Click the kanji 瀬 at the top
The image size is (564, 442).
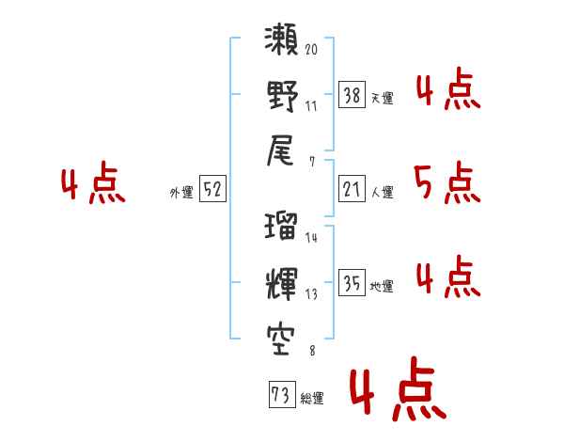point(282,44)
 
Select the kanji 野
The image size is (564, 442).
point(282,98)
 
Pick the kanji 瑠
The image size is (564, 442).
point(282,228)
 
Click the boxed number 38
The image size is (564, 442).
point(352,94)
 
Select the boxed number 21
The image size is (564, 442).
point(352,190)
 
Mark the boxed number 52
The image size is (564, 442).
point(212,190)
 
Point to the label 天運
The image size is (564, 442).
point(382,98)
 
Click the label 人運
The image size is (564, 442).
point(382,193)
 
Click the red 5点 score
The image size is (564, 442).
point(447,183)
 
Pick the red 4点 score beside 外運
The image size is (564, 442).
point(92,185)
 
